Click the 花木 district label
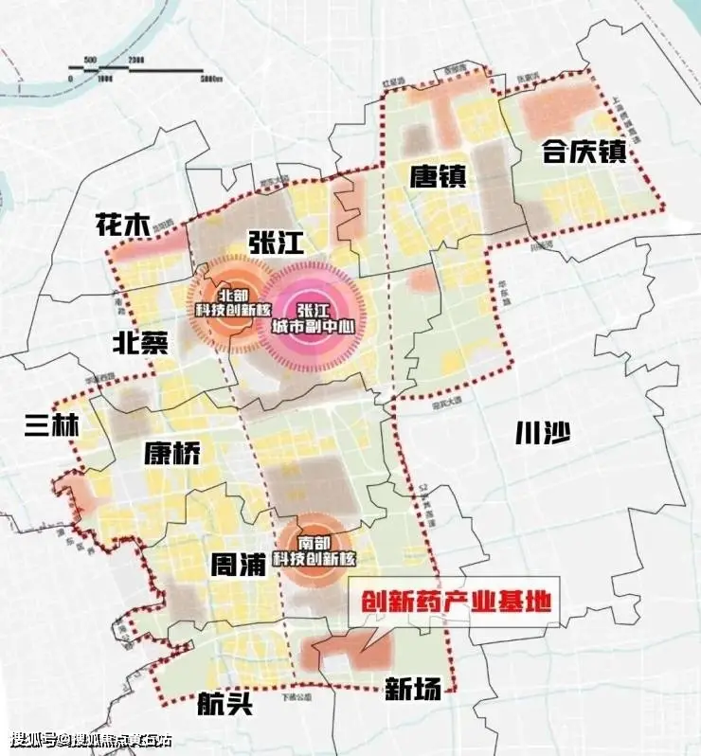123,225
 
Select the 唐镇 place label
438,174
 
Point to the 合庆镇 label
584,152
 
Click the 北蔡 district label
139,341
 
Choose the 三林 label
52,425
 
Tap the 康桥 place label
173,454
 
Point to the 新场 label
413,689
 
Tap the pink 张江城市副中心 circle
311,318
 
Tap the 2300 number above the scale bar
135,59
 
